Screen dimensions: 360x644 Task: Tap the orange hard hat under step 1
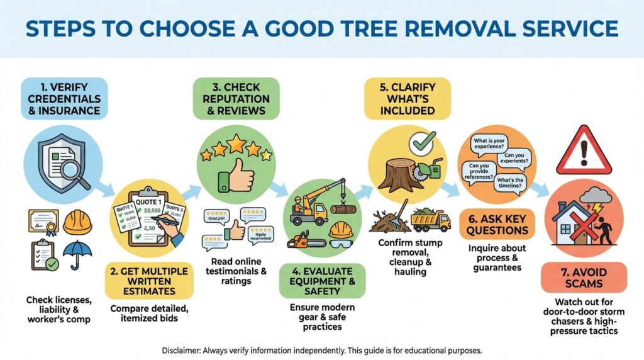(78, 222)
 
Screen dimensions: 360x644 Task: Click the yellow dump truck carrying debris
(430, 220)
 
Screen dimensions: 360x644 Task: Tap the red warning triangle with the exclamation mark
(584, 150)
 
